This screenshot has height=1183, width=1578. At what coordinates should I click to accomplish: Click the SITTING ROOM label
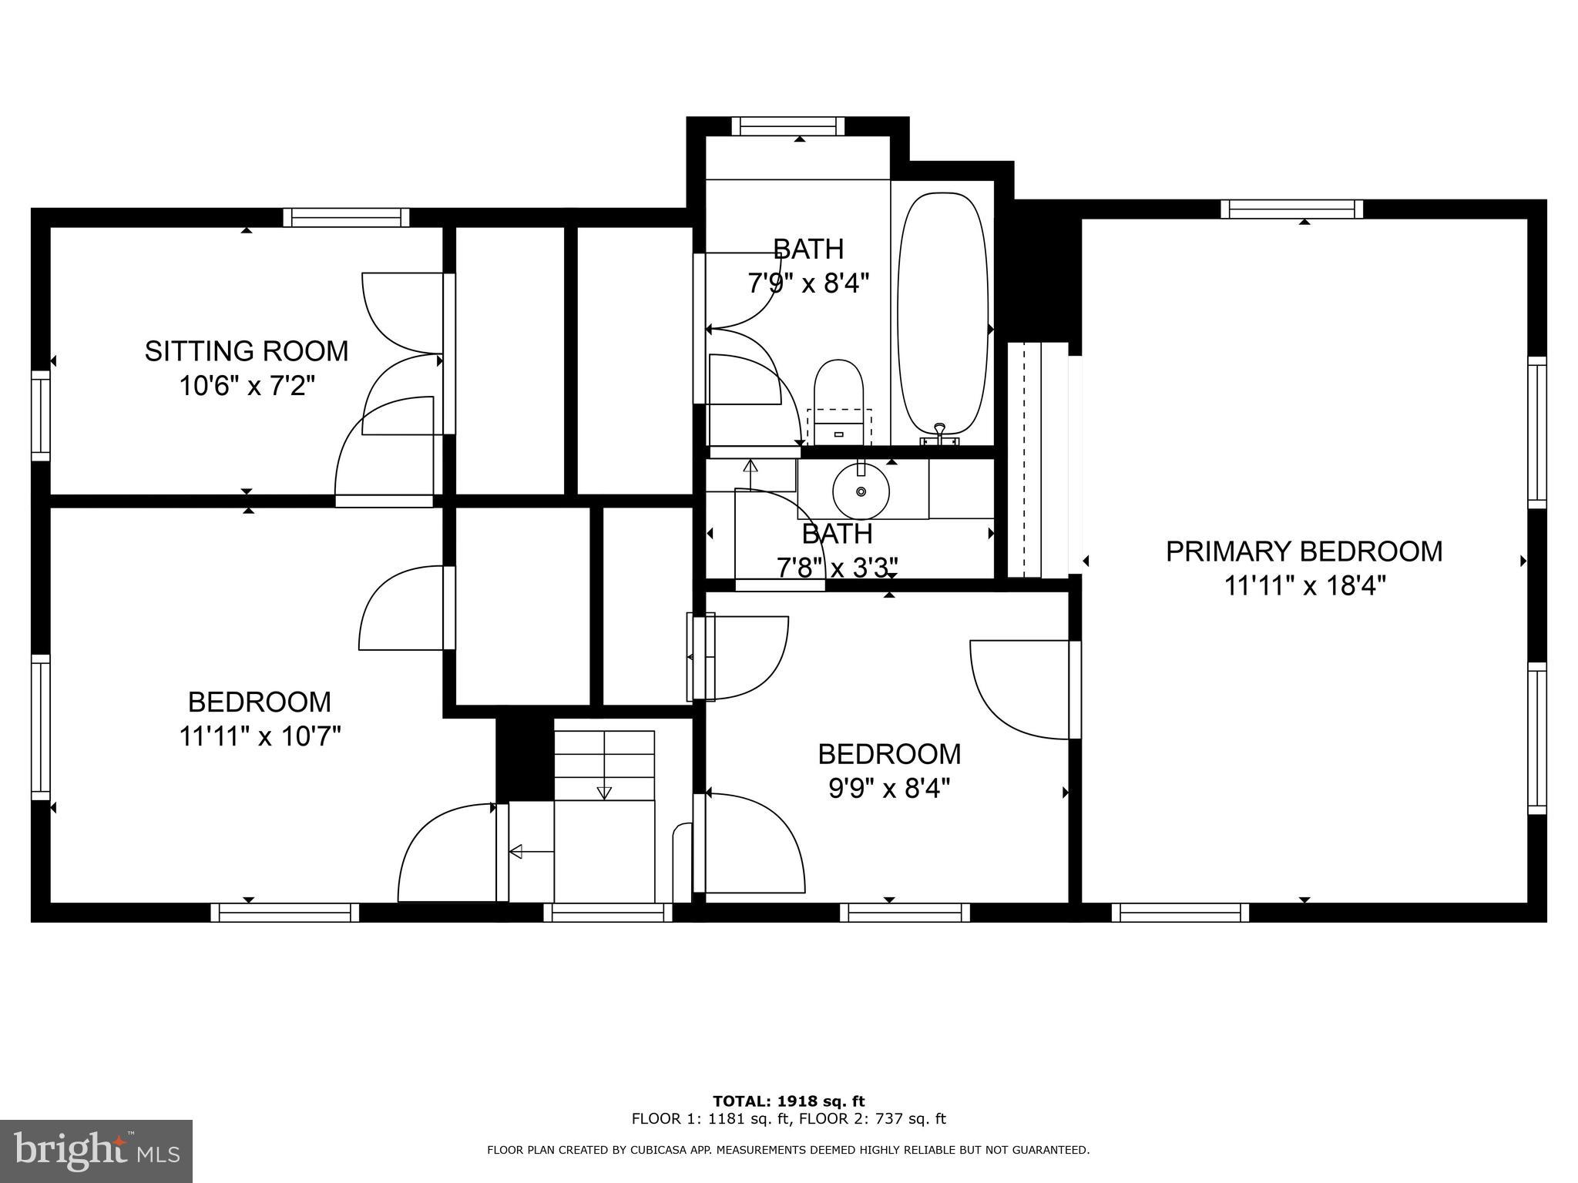(247, 351)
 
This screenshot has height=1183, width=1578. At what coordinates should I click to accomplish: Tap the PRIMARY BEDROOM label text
(1304, 551)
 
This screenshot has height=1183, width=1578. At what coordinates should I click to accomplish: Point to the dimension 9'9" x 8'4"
(889, 789)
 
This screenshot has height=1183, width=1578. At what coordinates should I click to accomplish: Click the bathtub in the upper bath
(942, 314)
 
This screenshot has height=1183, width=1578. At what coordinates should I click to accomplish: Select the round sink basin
(861, 491)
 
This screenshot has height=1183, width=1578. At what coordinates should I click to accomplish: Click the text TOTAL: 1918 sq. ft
(788, 1101)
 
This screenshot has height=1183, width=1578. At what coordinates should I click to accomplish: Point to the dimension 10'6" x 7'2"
(247, 385)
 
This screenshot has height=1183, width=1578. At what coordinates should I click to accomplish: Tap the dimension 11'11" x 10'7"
(260, 736)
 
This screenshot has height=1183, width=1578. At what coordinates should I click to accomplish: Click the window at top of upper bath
(787, 126)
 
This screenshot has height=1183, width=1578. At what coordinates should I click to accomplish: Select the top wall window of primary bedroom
(1291, 209)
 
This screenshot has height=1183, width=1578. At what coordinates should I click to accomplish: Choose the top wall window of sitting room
(346, 217)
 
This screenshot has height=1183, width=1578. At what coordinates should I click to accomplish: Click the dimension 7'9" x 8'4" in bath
(808, 283)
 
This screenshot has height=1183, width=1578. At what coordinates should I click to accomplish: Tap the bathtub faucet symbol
(939, 434)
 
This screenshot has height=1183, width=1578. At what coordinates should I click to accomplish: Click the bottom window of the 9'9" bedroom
(905, 913)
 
